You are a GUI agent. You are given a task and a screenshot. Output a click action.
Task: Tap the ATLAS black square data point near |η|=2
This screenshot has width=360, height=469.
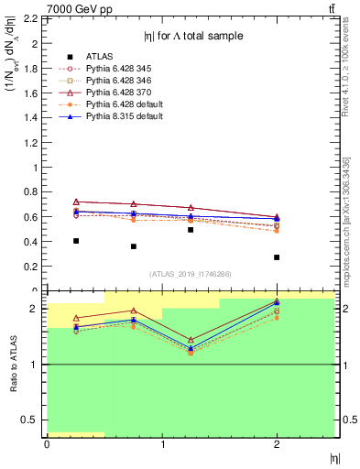277,257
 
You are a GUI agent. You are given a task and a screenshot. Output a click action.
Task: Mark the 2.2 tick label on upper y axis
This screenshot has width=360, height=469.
30,19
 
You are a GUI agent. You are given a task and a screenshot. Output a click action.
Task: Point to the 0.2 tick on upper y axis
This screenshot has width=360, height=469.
30,266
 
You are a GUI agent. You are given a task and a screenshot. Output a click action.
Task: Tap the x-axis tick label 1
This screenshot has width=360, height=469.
162,445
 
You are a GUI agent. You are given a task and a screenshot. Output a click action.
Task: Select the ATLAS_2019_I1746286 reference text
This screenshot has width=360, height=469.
190,274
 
